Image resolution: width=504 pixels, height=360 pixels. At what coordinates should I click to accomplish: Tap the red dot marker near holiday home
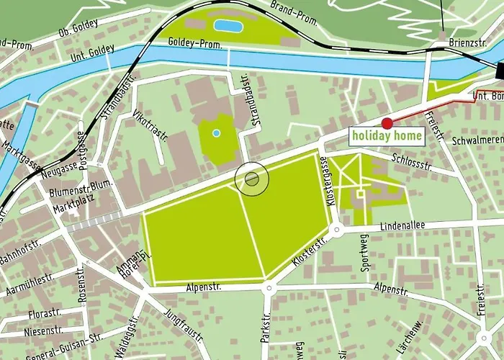(387, 123)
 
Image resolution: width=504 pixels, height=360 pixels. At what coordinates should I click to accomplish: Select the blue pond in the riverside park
(229, 27)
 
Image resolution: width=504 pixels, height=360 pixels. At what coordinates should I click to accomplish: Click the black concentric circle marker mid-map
(252, 179)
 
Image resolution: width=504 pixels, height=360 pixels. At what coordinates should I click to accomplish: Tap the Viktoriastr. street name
(149, 127)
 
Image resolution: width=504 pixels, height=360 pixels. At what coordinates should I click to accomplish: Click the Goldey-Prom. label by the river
(196, 44)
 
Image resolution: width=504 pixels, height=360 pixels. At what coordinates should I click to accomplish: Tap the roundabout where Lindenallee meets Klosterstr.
(336, 230)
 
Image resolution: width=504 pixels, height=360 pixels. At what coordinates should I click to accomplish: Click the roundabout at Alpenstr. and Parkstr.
(269, 289)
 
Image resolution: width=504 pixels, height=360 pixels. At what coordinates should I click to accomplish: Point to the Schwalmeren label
(477, 142)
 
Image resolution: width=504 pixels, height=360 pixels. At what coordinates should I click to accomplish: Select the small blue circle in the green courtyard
(217, 133)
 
